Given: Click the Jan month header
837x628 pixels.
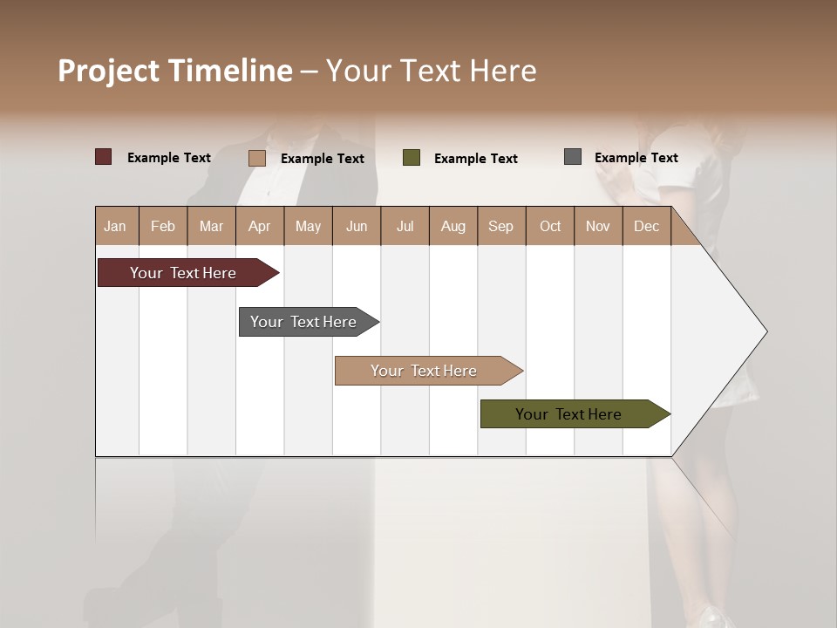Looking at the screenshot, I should [115, 226].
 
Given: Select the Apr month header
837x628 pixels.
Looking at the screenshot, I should [259, 226].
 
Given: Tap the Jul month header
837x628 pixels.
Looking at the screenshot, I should [405, 226].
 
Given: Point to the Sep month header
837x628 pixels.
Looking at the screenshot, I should [500, 226].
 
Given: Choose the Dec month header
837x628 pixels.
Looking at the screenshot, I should [646, 226].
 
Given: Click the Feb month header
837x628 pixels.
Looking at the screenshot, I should [163, 226].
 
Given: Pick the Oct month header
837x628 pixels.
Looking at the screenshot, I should [549, 226].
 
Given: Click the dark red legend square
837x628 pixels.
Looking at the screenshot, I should [103, 157].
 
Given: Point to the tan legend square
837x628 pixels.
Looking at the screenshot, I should [256, 158].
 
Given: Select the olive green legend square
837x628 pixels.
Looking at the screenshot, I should [412, 158].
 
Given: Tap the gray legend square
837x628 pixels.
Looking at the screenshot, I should [573, 157].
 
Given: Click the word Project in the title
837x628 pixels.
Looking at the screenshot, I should [109, 71].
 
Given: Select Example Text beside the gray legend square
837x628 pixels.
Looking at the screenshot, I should [636, 158].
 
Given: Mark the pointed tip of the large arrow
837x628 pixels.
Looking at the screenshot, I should [766, 331].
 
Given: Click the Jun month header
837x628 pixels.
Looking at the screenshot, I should [356, 226].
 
